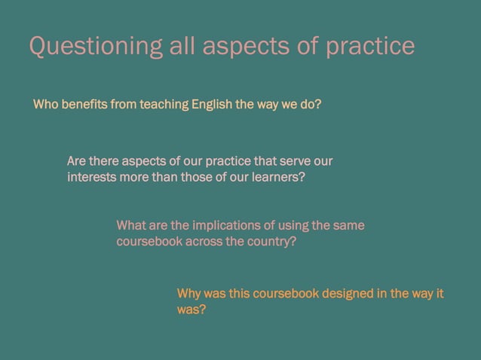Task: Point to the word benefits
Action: point(83,105)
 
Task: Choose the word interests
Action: point(91,178)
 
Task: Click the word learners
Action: point(275,178)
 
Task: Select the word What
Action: point(130,226)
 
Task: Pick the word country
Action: point(272,243)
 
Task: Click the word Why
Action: point(188,293)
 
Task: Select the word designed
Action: point(345,293)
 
